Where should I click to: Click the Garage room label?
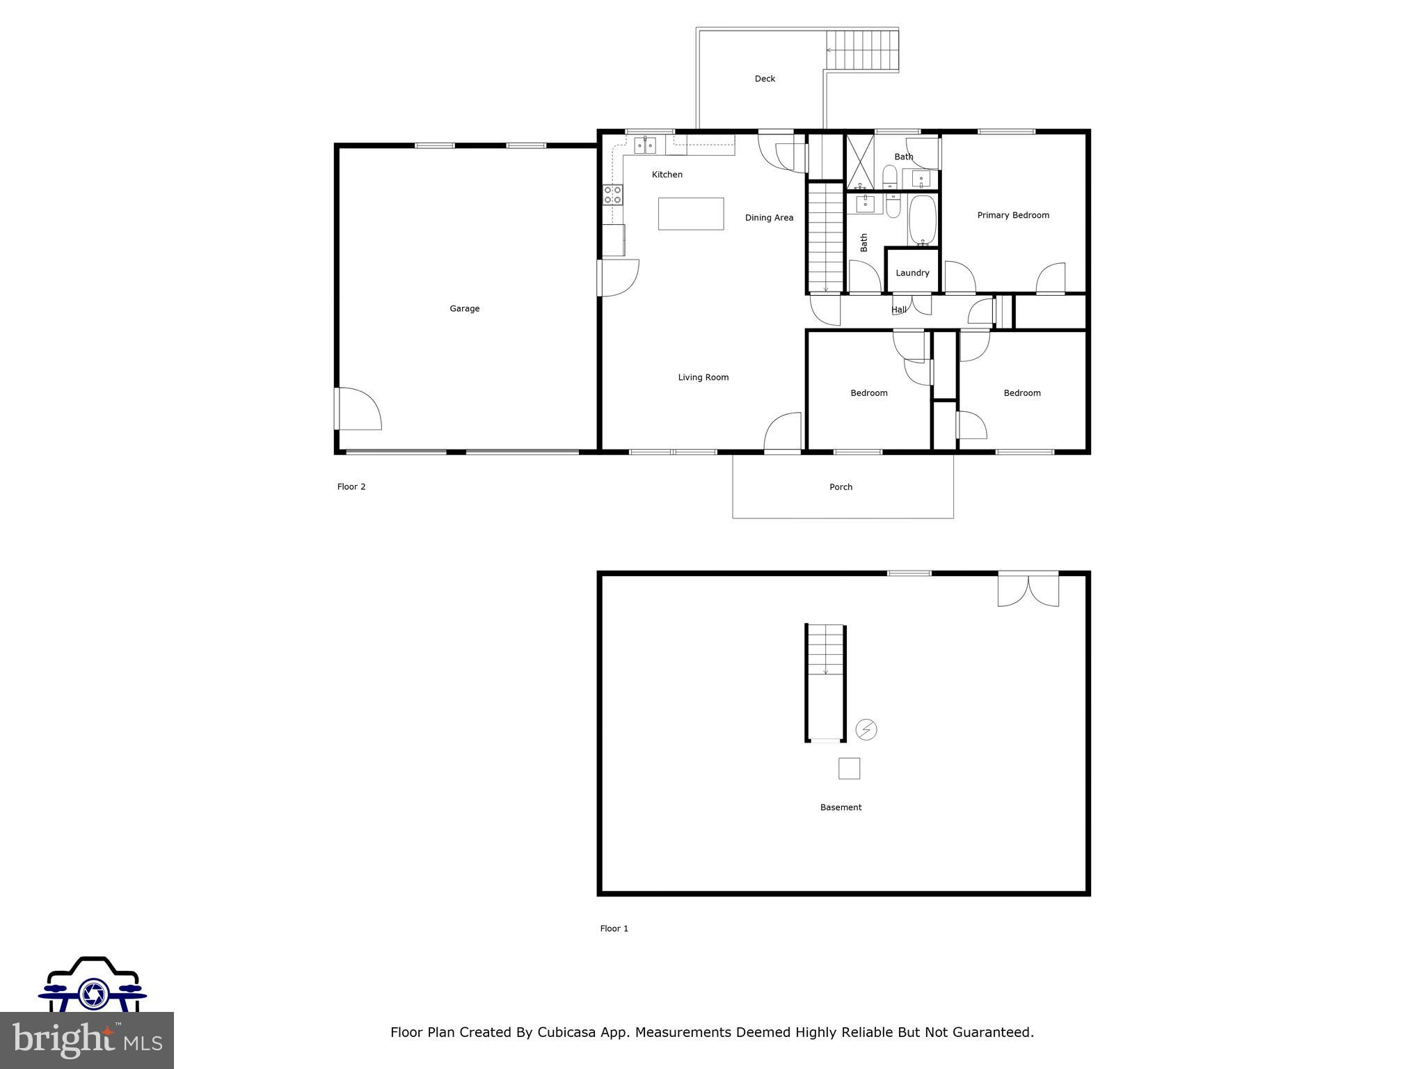pyautogui.click(x=464, y=308)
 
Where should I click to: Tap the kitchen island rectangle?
pyautogui.click(x=691, y=214)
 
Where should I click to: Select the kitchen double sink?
pyautogui.click(x=644, y=146)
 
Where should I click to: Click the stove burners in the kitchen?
pyautogui.click(x=612, y=195)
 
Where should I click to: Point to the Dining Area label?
pyautogui.click(x=769, y=218)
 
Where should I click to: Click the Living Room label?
pyautogui.click(x=703, y=377)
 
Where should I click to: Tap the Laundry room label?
pyautogui.click(x=911, y=273)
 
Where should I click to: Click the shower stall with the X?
pyautogui.click(x=860, y=162)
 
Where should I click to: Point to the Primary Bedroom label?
pyautogui.click(x=1012, y=215)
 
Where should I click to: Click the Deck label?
pyautogui.click(x=765, y=79)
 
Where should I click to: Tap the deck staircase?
pyautogui.click(x=863, y=50)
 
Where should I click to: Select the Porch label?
pyautogui.click(x=841, y=487)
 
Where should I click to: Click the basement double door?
pyautogui.click(x=1028, y=589)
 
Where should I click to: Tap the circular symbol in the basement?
pyautogui.click(x=866, y=729)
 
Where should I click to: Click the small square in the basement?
pyautogui.click(x=849, y=768)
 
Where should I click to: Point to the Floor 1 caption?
pyautogui.click(x=614, y=928)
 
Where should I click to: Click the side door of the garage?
pyautogui.click(x=358, y=409)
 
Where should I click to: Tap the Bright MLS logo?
pyautogui.click(x=87, y=1040)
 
